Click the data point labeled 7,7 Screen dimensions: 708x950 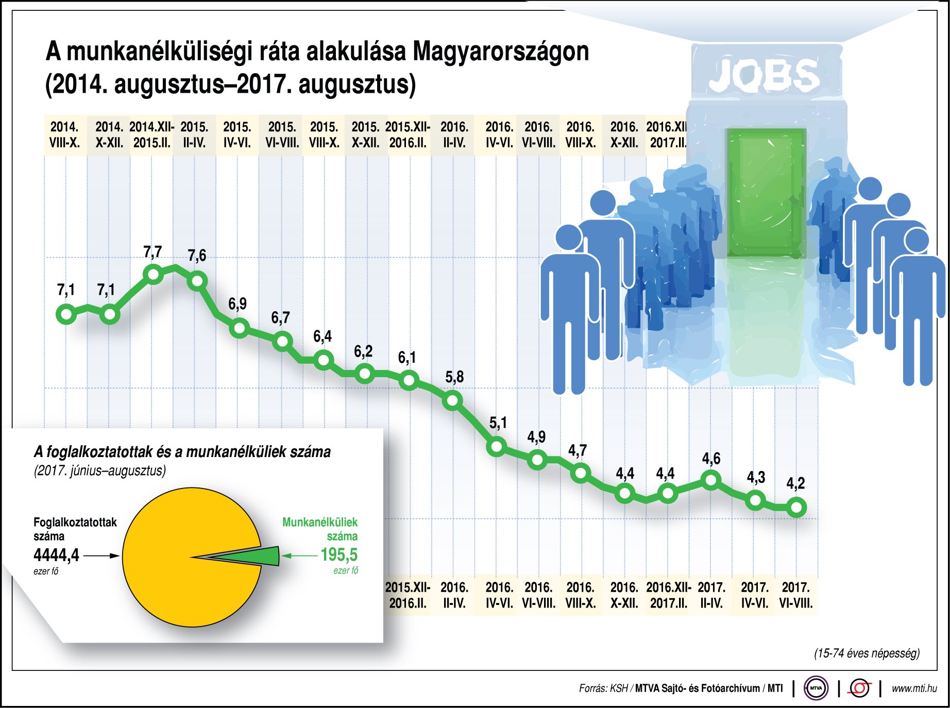click(x=153, y=274)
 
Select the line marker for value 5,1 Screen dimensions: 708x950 click(x=497, y=446)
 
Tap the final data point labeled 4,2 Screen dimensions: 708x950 click(x=796, y=508)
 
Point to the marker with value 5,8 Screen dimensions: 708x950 click(x=452, y=400)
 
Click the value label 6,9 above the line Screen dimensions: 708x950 click(x=237, y=304)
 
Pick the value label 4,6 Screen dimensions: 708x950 click(x=711, y=459)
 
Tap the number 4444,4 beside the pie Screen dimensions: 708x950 click(x=56, y=555)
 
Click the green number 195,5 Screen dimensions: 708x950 click(x=339, y=555)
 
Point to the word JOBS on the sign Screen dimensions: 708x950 click(x=764, y=75)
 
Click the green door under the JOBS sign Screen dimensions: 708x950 click(x=766, y=193)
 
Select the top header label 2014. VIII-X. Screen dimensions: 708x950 click(x=64, y=134)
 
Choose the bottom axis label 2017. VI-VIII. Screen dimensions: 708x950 click(x=796, y=595)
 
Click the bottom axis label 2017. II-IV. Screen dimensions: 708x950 click(x=711, y=595)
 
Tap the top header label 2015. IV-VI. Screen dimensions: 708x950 click(x=237, y=134)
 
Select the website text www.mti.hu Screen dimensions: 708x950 click(x=914, y=688)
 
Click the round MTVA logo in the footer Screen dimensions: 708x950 click(x=816, y=688)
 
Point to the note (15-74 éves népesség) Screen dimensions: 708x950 click(x=867, y=653)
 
